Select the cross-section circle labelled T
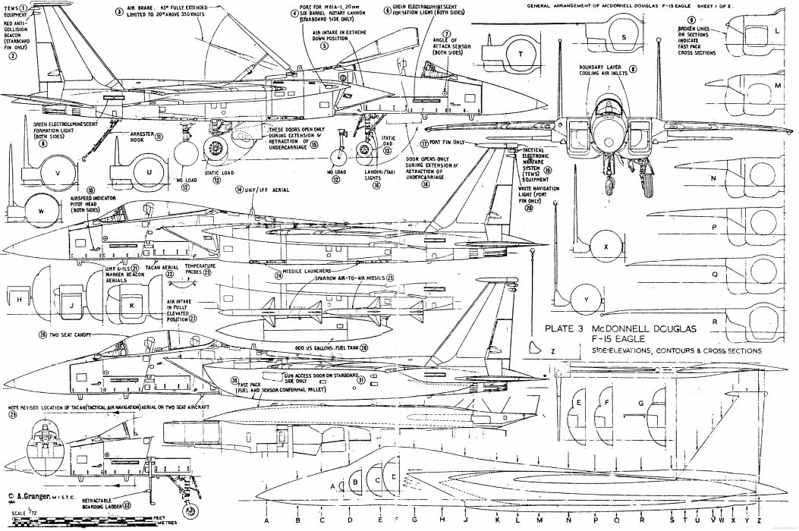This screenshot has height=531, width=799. [521, 56]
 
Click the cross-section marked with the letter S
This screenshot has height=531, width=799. [624, 37]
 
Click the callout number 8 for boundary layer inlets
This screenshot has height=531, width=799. [633, 68]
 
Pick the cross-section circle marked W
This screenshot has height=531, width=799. [42, 210]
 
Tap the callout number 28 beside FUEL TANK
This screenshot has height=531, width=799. [364, 347]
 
